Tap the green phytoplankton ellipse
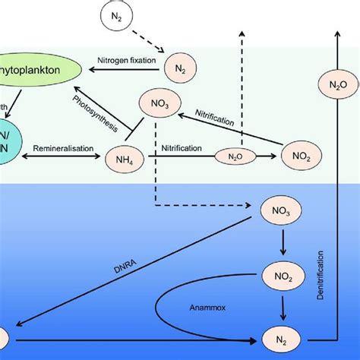[31, 66]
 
